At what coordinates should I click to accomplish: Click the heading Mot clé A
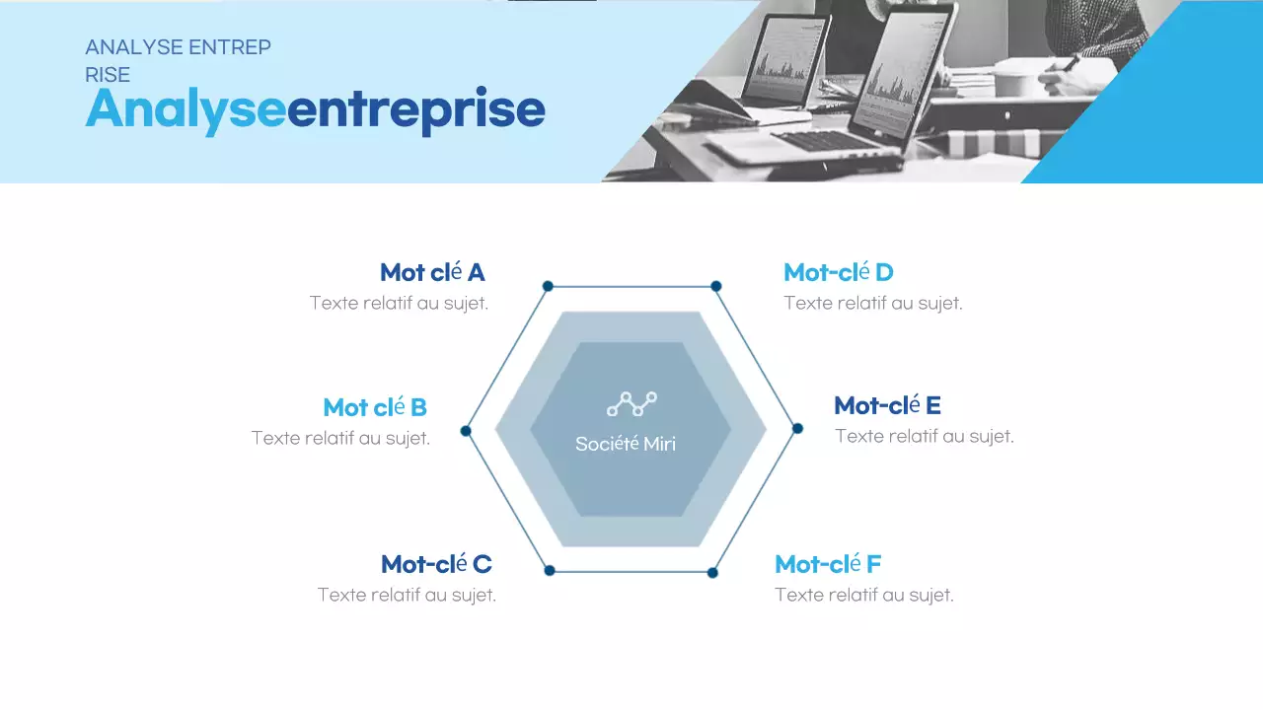(432, 272)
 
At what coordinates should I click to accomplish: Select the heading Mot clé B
(375, 407)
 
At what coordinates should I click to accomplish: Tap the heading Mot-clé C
(436, 564)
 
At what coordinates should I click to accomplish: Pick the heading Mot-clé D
(839, 272)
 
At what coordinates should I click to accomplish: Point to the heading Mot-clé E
(887, 405)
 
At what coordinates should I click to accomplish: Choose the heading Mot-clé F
(828, 564)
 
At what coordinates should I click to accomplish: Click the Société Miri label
(626, 444)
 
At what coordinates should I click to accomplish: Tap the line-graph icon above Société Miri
(631, 402)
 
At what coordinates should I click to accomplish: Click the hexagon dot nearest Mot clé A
(548, 286)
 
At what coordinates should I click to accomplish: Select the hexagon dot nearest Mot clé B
(466, 431)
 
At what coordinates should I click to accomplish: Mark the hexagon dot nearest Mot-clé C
(550, 570)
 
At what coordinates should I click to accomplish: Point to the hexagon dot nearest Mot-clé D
(716, 286)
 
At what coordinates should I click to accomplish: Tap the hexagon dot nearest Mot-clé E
(797, 428)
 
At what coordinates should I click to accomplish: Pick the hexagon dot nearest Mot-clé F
(712, 572)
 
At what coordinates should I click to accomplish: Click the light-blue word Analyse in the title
(186, 108)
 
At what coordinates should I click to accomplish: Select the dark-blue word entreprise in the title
(415, 110)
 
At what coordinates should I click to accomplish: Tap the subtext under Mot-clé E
(925, 436)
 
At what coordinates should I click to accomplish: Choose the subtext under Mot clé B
(340, 438)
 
